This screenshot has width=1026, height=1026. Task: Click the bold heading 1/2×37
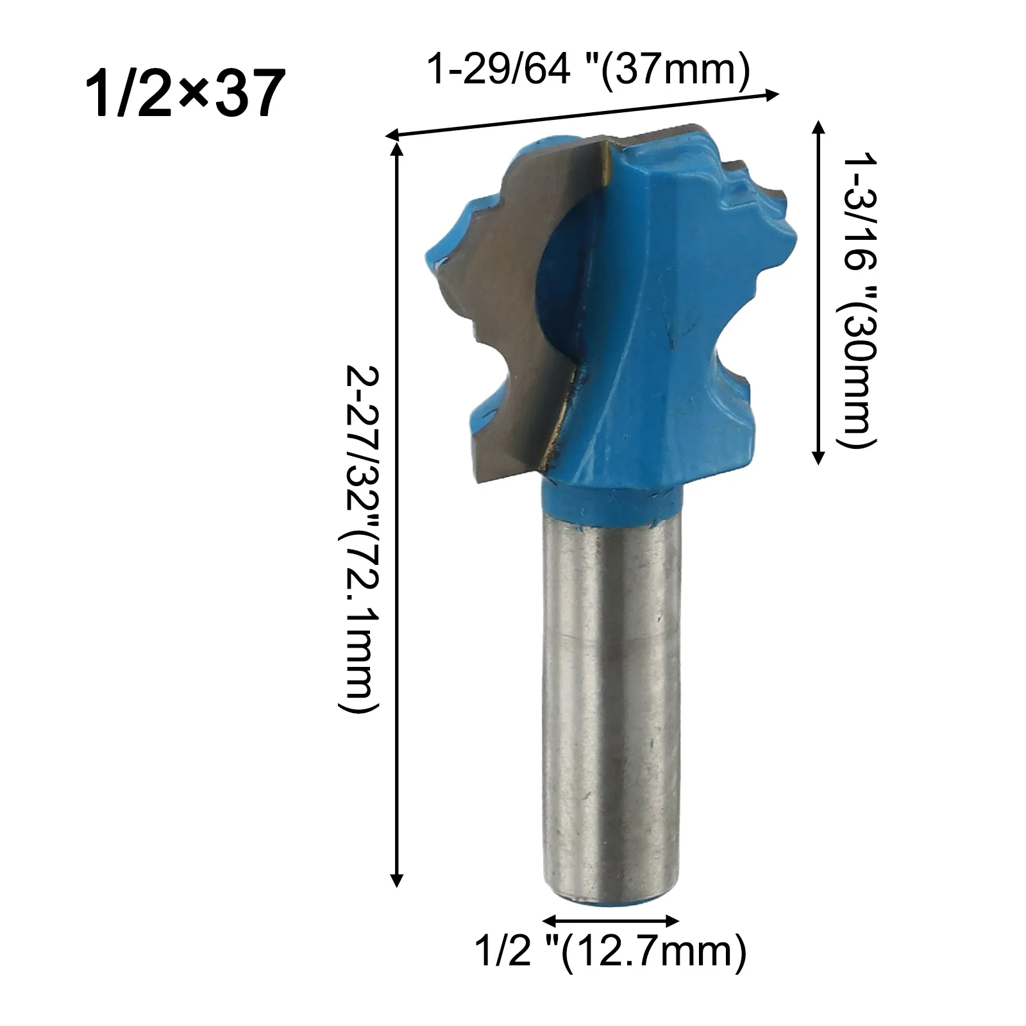click(185, 94)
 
